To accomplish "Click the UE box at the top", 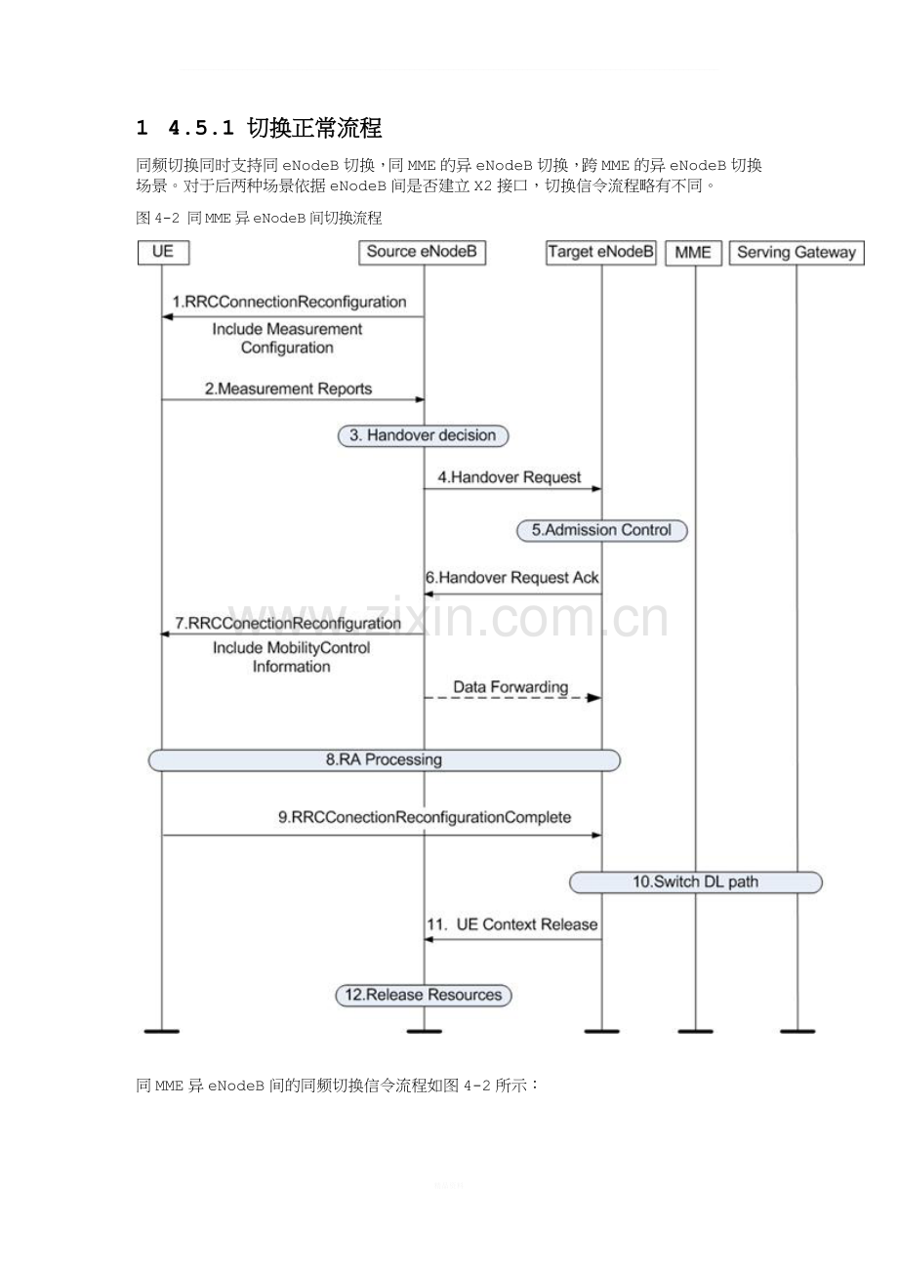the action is coord(163,253).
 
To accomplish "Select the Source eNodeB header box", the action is coord(422,253).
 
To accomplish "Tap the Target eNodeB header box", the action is coord(600,253).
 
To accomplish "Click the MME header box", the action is coord(693,253).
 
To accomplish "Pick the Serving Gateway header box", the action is coord(796,253).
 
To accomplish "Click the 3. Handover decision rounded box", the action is coord(424,435).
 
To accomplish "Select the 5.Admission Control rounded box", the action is coord(602,530).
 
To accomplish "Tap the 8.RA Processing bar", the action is coord(385,760).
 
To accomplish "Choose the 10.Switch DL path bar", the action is coord(696,882).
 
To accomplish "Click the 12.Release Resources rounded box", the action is coord(424,996).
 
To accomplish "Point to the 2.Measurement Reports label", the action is coord(288,389).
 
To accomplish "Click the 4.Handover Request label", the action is coord(510,477).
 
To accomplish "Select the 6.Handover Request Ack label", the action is coord(512,578).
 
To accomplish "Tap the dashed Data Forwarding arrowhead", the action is coord(593,697).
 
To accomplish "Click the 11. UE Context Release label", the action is coord(512,924).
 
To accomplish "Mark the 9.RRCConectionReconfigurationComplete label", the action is coord(425,817).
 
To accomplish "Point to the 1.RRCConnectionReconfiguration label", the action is coord(289,302).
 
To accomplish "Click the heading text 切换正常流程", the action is coord(314,128).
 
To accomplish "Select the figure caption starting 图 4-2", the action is coord(259,218).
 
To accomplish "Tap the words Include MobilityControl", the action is coord(292,648).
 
